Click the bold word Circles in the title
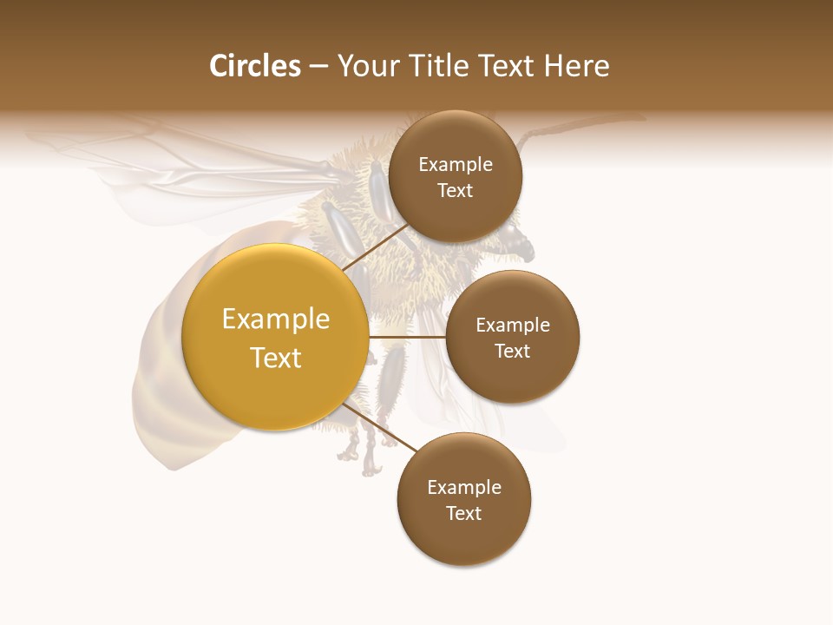(255, 66)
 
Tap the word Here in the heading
(576, 66)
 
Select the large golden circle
(275, 337)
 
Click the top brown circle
(456, 177)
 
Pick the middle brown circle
(513, 337)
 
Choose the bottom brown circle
(464, 499)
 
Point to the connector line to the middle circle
(407, 337)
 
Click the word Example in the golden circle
(276, 319)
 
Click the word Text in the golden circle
(276, 358)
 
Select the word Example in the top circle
(456, 165)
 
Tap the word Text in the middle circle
(513, 351)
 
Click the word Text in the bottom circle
(464, 513)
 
